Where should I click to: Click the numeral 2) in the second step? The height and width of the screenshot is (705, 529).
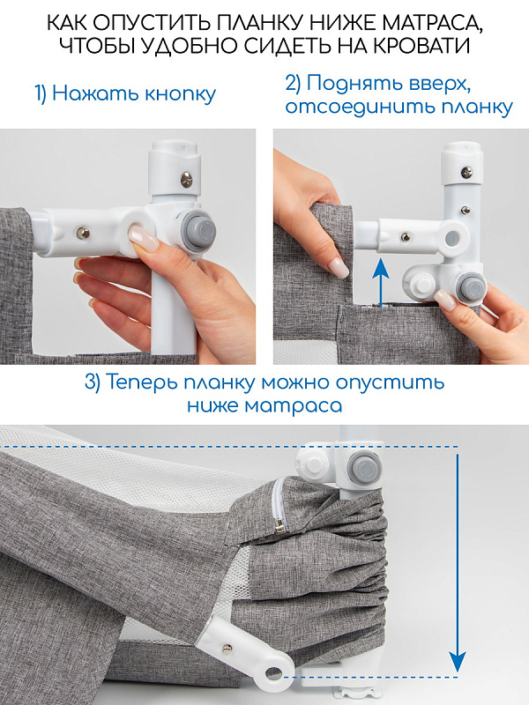[294, 84]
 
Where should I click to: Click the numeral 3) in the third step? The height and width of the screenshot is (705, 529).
[93, 382]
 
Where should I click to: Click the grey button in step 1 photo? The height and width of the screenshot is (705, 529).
[198, 232]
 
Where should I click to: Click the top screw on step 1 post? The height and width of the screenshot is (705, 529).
[186, 181]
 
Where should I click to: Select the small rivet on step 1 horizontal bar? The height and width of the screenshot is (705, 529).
[83, 233]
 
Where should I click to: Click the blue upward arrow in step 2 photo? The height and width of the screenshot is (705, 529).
[382, 283]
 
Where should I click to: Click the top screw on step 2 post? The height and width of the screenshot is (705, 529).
[467, 171]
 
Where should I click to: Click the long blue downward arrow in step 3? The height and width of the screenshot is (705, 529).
[458, 563]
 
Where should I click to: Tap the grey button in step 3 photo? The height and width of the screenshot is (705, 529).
[361, 469]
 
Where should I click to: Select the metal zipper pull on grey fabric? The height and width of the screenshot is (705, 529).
[279, 524]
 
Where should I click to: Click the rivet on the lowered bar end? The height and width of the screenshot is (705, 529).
[227, 648]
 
